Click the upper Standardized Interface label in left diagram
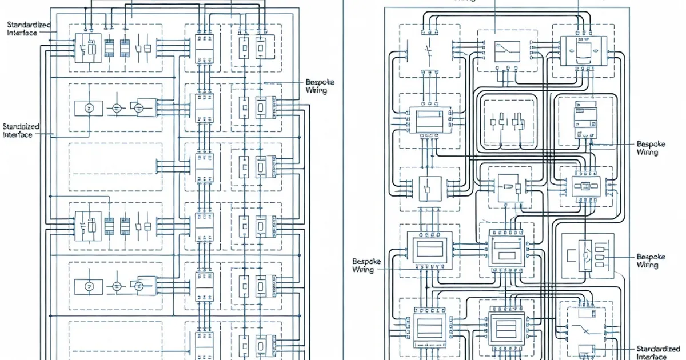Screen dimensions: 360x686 pos(29,29)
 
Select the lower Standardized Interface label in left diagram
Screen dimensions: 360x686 pos(21,130)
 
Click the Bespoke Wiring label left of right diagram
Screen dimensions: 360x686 pos(363,265)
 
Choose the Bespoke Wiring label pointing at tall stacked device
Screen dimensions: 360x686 pos(651,149)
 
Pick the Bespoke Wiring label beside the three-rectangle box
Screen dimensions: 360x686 pos(651,261)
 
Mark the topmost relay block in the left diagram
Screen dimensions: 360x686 pos(88,47)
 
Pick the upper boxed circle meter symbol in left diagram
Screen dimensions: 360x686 pos(89,107)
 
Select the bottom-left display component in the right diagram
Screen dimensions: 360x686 pos(428,327)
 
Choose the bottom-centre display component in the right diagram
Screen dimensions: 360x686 pos(506,328)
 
